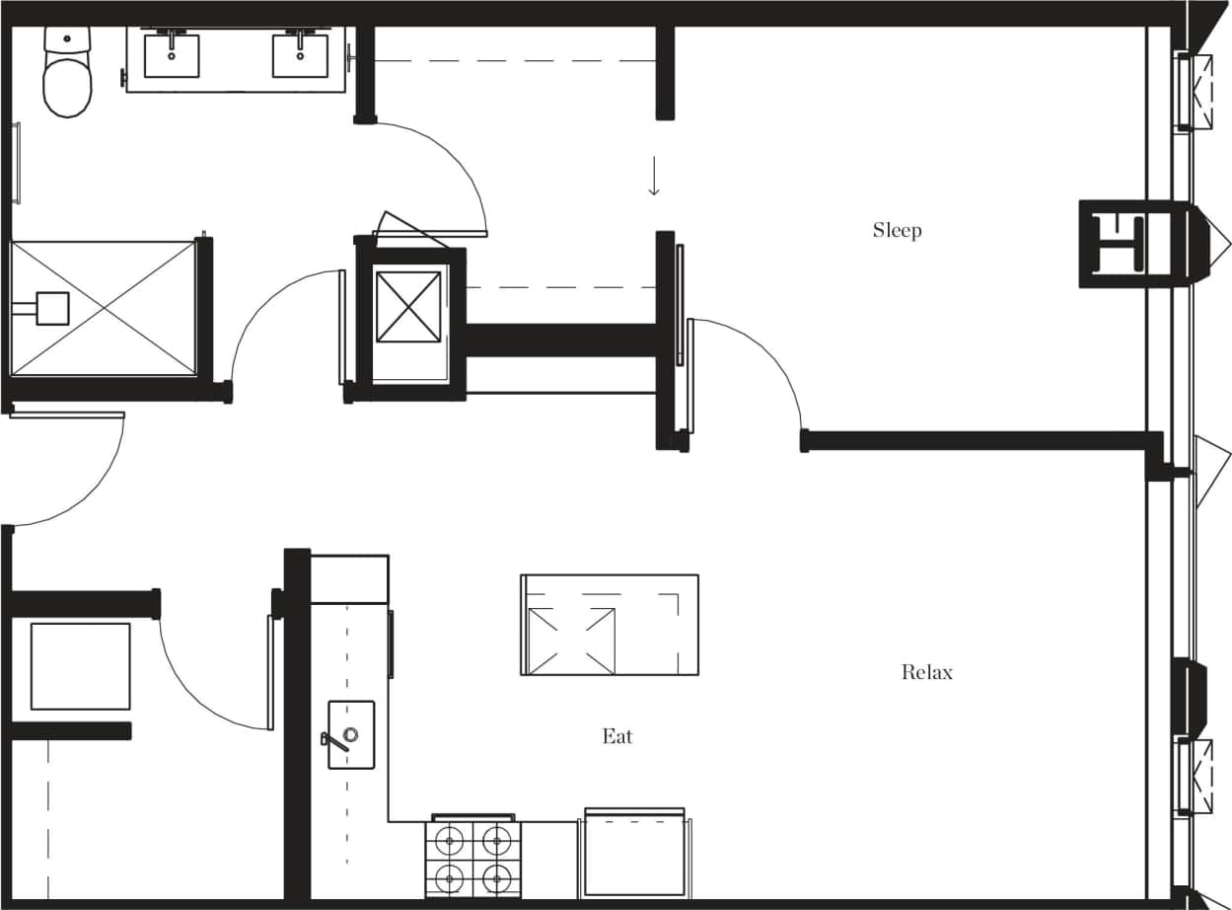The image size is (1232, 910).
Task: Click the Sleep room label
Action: click(x=897, y=231)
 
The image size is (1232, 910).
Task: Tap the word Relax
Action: click(x=927, y=673)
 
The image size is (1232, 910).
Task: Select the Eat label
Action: click(x=617, y=736)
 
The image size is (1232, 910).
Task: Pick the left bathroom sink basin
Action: click(x=172, y=56)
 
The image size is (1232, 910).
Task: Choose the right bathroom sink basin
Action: click(x=300, y=56)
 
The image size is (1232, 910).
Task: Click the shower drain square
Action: click(x=52, y=308)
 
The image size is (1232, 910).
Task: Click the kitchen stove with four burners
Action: click(x=473, y=859)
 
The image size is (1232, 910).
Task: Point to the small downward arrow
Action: click(x=653, y=180)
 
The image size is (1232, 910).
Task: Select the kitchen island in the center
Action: click(x=610, y=625)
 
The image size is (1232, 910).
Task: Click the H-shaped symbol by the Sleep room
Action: click(x=1124, y=243)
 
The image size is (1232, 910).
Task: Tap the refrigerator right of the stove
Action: click(x=634, y=854)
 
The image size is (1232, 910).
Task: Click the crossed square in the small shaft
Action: click(x=408, y=306)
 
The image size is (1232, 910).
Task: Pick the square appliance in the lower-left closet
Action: click(x=81, y=666)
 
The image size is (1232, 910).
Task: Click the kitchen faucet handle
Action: click(x=335, y=741)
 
